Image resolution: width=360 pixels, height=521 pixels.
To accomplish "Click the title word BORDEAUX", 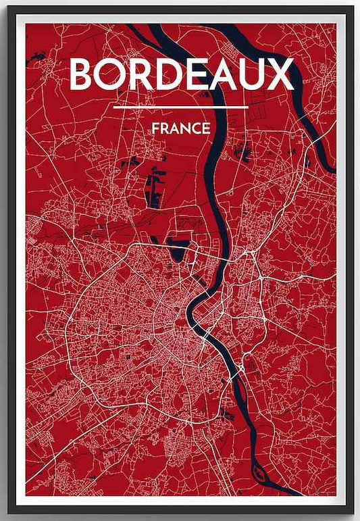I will (182, 74).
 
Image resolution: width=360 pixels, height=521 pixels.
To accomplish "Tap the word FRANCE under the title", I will (181, 128).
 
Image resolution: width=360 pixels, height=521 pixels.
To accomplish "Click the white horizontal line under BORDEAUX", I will (181, 107).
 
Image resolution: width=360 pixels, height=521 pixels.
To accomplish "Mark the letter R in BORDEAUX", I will (143, 74).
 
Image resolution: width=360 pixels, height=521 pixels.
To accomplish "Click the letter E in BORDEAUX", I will (197, 74).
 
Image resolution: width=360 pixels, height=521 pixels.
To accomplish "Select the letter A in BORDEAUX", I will (224, 74).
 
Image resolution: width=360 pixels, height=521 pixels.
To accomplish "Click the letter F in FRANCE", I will (156, 128).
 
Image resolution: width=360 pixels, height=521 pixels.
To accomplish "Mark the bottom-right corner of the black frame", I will (353, 514).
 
